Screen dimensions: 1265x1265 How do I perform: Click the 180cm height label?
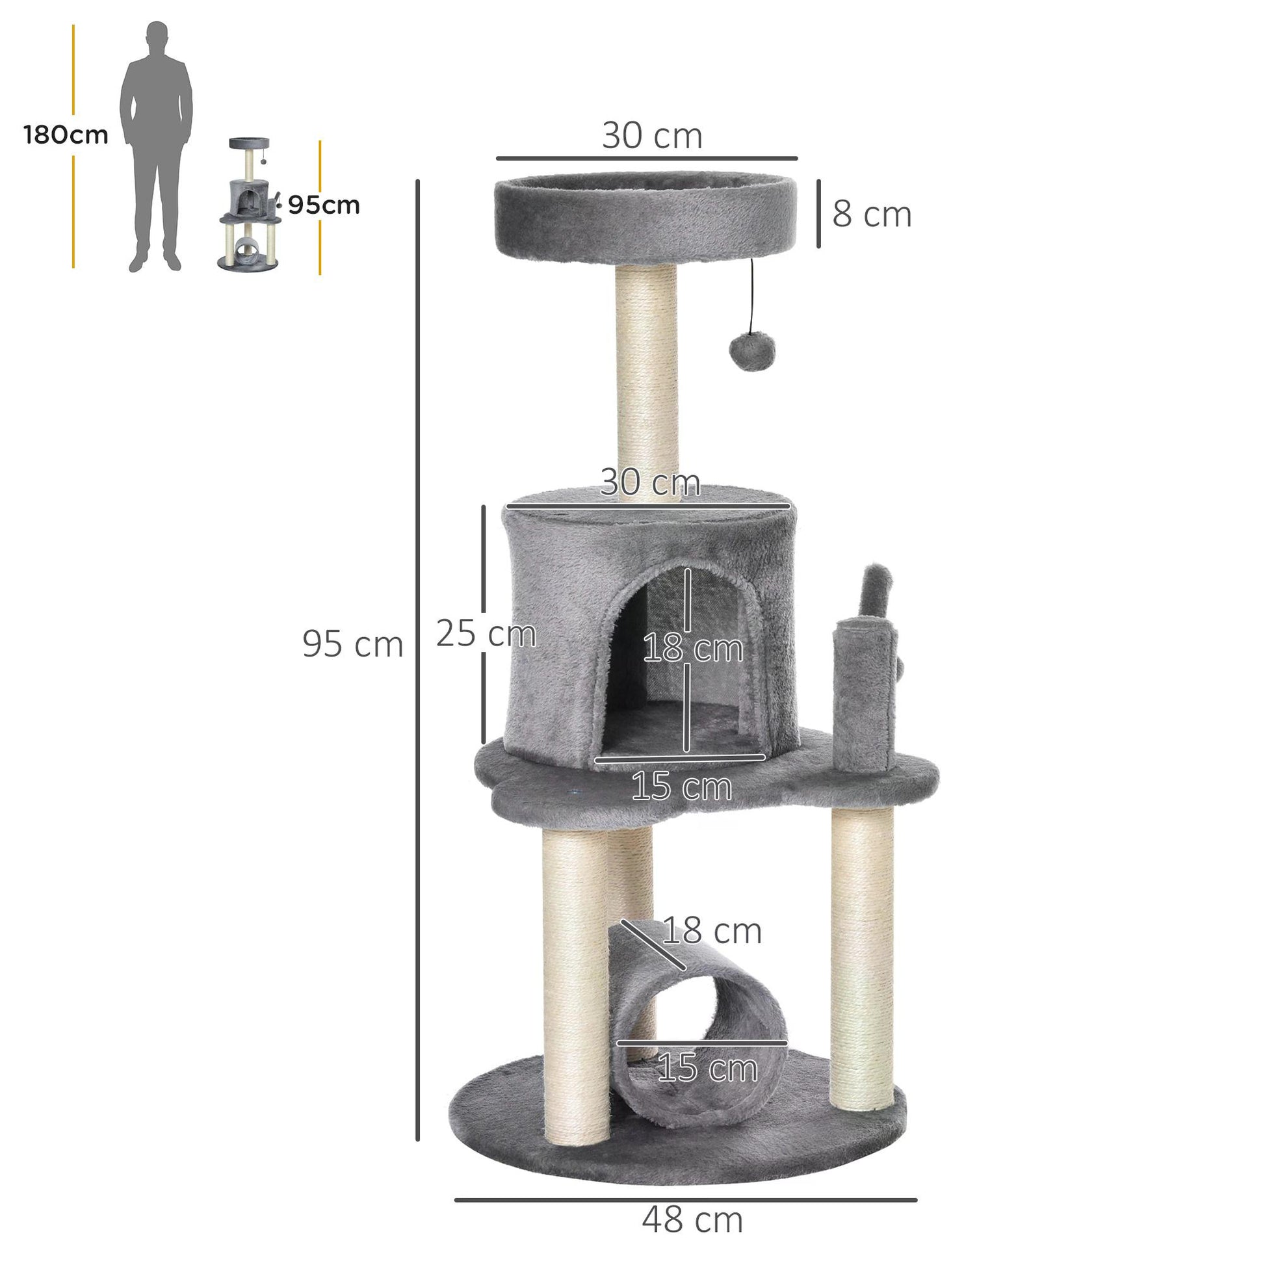[x=66, y=135]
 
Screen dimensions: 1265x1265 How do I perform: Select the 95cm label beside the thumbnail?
[x=324, y=205]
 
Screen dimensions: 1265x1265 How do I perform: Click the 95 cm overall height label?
[x=352, y=644]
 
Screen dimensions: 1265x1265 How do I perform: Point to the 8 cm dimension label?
[x=872, y=214]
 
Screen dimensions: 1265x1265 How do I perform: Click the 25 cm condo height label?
[x=485, y=634]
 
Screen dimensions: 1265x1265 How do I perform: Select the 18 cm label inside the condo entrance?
[x=693, y=649]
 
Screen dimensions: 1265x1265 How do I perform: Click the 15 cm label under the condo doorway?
[x=681, y=787]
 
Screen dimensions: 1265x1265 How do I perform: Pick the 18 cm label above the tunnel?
[x=712, y=930]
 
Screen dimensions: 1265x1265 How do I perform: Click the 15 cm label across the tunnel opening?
[x=707, y=1068]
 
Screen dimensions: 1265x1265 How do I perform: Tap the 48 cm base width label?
[x=692, y=1219]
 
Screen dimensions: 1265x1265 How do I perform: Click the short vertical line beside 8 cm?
[x=818, y=214]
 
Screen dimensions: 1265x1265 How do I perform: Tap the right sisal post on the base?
[x=862, y=950]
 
